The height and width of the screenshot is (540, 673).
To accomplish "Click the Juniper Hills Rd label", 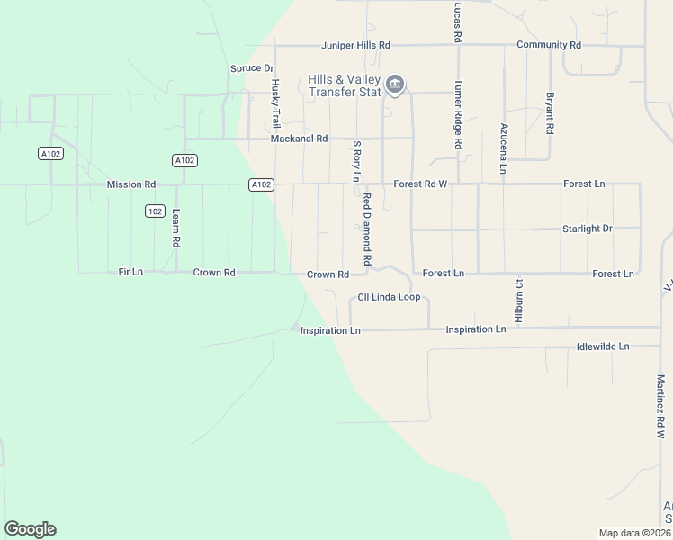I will pyautogui.click(x=356, y=45).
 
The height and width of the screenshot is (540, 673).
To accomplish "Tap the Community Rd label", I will pyautogui.click(x=548, y=45).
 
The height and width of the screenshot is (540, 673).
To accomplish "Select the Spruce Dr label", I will pyautogui.click(x=251, y=68).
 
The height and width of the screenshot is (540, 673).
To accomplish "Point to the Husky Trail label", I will pyautogui.click(x=275, y=103).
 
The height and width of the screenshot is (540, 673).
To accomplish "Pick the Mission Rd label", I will pyautogui.click(x=130, y=184).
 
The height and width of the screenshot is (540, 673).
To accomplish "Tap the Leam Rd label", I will pyautogui.click(x=176, y=229).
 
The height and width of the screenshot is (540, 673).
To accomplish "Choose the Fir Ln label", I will pyautogui.click(x=130, y=272).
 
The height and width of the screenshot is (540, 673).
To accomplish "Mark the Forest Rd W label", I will pyautogui.click(x=420, y=184).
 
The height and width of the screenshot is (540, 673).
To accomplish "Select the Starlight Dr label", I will pyautogui.click(x=587, y=229).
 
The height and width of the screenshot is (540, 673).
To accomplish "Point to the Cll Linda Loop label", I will pyautogui.click(x=389, y=297).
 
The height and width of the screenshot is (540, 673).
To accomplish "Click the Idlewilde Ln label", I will pyautogui.click(x=603, y=346).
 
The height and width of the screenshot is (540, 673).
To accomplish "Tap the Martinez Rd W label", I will pyautogui.click(x=660, y=406).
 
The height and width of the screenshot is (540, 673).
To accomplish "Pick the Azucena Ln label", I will pyautogui.click(x=505, y=148).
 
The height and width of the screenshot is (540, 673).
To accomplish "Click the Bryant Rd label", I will pyautogui.click(x=549, y=112).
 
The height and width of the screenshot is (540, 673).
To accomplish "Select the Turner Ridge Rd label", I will pyautogui.click(x=458, y=114).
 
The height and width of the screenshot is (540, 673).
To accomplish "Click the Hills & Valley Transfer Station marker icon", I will pyautogui.click(x=394, y=85).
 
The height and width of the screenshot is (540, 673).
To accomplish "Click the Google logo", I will pyautogui.click(x=30, y=529).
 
